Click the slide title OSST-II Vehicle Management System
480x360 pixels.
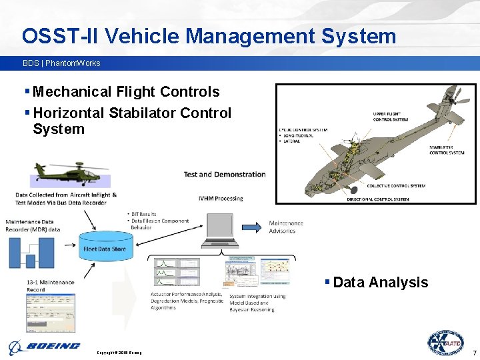tap(209, 35)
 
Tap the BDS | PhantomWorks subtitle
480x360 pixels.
tap(61, 63)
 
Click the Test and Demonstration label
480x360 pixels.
tap(224, 175)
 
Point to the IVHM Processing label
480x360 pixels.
tap(221, 198)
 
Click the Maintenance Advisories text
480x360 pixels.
tap(286, 227)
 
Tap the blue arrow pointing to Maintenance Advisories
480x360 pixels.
tap(252, 227)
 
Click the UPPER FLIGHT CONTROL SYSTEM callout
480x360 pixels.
tap(390, 117)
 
